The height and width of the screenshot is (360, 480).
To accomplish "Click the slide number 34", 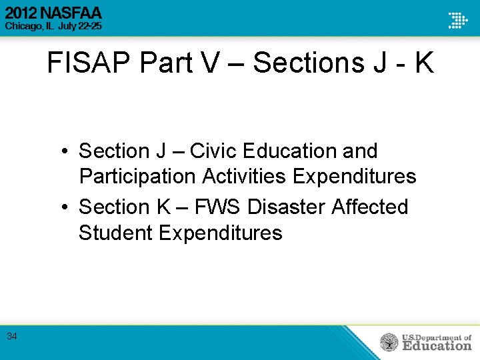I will (12, 336).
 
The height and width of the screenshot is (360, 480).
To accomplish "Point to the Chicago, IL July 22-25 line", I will (53, 26).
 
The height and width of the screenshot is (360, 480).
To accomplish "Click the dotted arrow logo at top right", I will (457, 19).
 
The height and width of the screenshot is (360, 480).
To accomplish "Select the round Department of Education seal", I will (389, 343).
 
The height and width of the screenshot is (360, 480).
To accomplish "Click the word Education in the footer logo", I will (436, 346).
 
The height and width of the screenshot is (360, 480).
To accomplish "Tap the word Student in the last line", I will (115, 233).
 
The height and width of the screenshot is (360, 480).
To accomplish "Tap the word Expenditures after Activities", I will (355, 177).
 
